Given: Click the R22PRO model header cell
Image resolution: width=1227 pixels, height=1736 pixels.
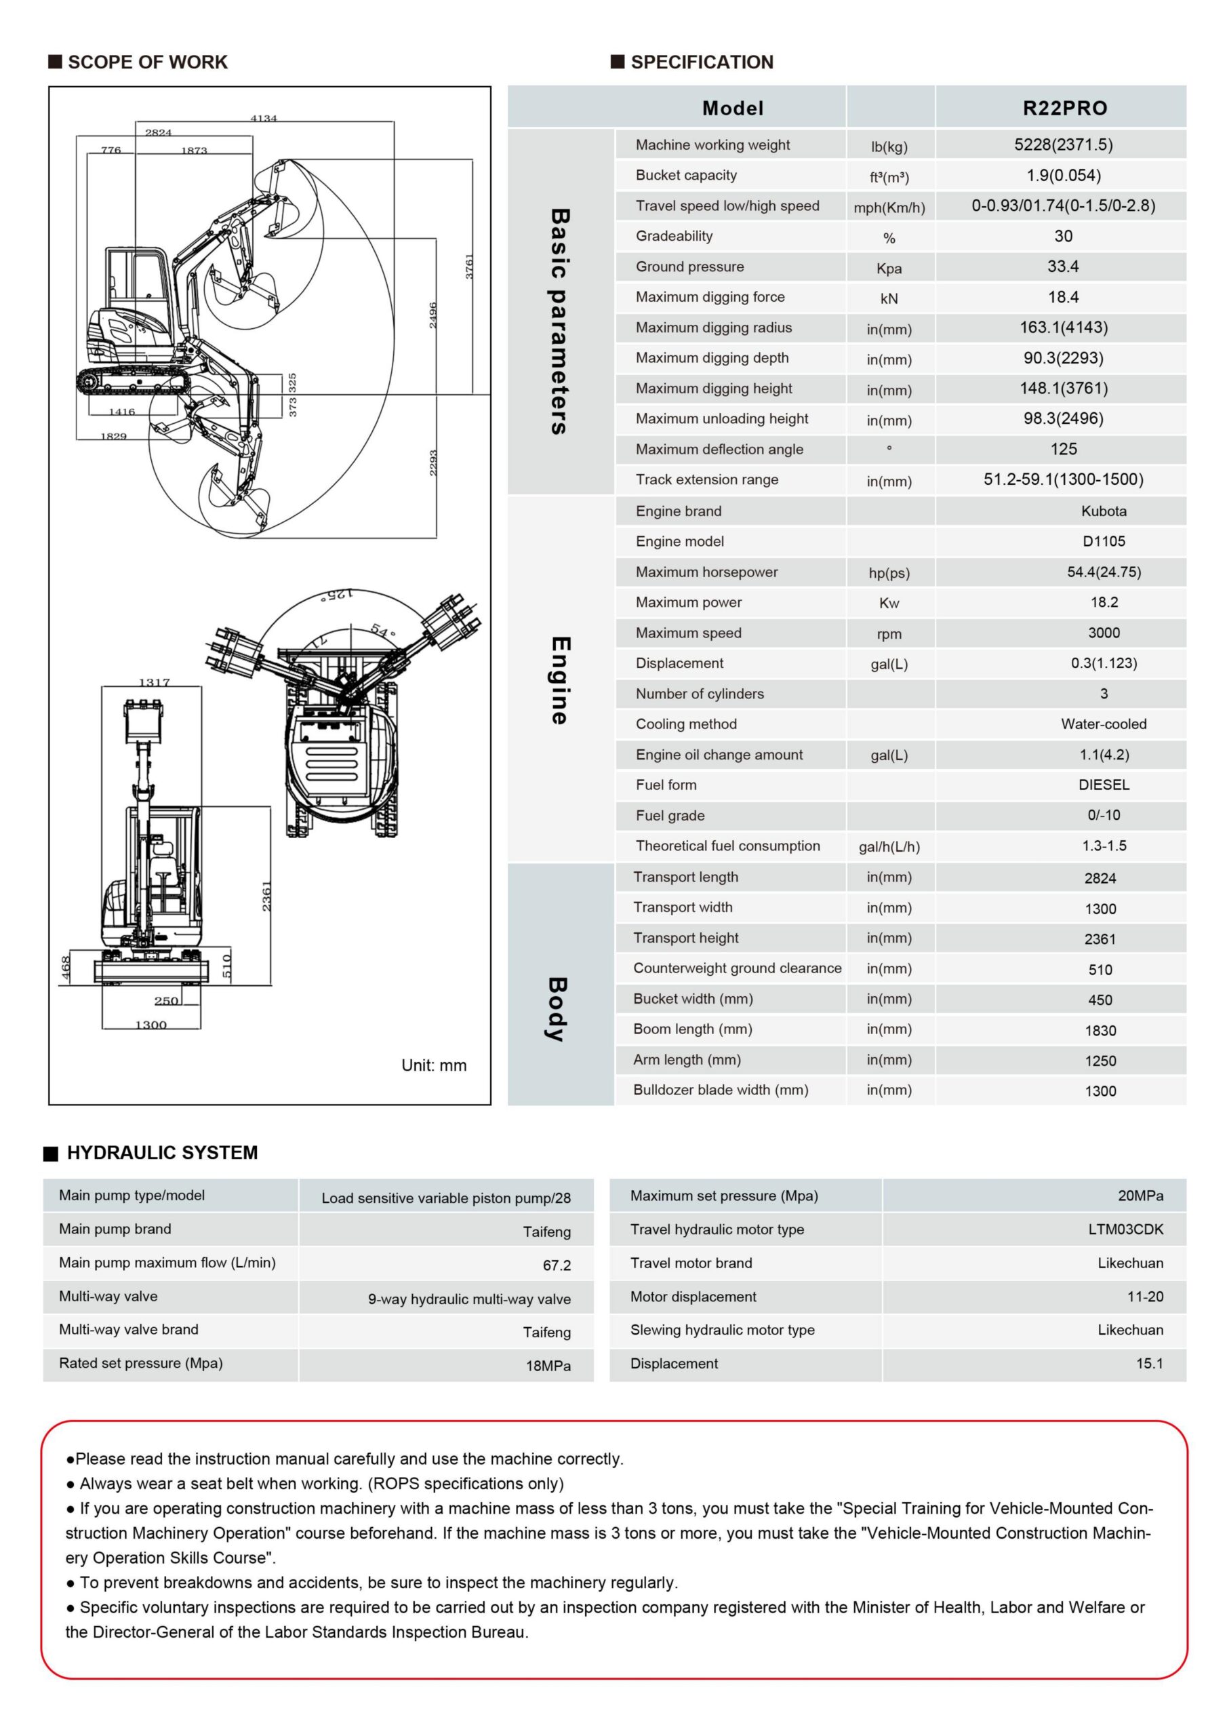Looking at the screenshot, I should tap(1064, 108).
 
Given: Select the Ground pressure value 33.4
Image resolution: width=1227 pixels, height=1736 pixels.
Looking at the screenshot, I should tap(1062, 266).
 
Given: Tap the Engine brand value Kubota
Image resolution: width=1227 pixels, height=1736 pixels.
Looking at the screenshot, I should tap(1103, 511).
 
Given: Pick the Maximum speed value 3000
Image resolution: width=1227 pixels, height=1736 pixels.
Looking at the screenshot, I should tap(1103, 633).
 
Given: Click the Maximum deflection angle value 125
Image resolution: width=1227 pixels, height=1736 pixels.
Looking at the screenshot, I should tap(1062, 449).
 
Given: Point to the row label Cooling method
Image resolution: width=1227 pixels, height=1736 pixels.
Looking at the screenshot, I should tap(686, 724).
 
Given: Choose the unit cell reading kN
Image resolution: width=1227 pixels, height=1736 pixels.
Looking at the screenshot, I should tap(888, 298).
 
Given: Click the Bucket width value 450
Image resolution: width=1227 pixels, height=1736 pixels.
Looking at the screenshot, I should tap(1100, 1000).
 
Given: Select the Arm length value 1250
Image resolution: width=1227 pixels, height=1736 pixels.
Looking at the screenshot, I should tap(1100, 1061).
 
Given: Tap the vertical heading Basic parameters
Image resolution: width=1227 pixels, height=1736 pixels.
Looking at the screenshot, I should tap(559, 321).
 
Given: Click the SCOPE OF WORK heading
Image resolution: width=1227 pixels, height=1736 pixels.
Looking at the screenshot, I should tap(147, 62).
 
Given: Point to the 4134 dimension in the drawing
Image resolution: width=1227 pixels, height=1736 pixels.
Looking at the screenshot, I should tap(264, 118).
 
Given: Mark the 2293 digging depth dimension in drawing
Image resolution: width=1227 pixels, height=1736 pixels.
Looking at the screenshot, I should tap(433, 462).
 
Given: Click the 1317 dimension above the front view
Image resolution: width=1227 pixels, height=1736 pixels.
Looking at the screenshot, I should tap(155, 682).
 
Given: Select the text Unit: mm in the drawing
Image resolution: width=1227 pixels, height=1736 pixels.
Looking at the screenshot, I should tap(433, 1065).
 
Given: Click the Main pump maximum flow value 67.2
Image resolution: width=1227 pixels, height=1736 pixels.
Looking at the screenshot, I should tap(557, 1265).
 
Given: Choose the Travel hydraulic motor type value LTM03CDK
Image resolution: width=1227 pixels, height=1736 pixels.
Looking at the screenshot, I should tap(1125, 1229).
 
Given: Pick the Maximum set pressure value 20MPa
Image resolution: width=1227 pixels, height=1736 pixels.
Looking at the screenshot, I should tap(1140, 1196).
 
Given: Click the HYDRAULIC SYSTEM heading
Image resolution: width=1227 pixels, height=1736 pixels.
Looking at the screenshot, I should tap(162, 1152).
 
